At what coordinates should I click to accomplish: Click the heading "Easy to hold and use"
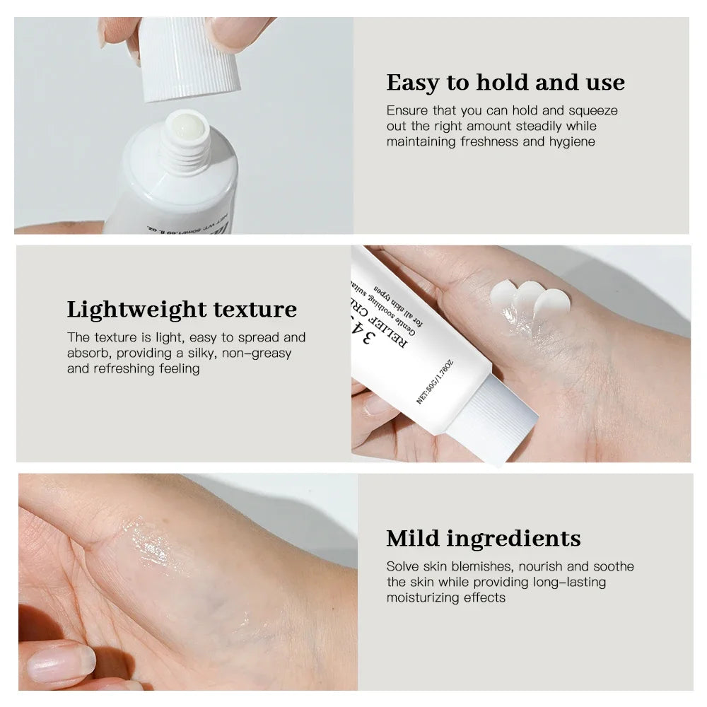point(506,83)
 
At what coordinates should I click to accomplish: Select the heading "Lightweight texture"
point(182,310)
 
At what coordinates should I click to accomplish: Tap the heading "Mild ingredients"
point(483,538)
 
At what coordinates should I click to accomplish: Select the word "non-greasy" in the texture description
point(257,353)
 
